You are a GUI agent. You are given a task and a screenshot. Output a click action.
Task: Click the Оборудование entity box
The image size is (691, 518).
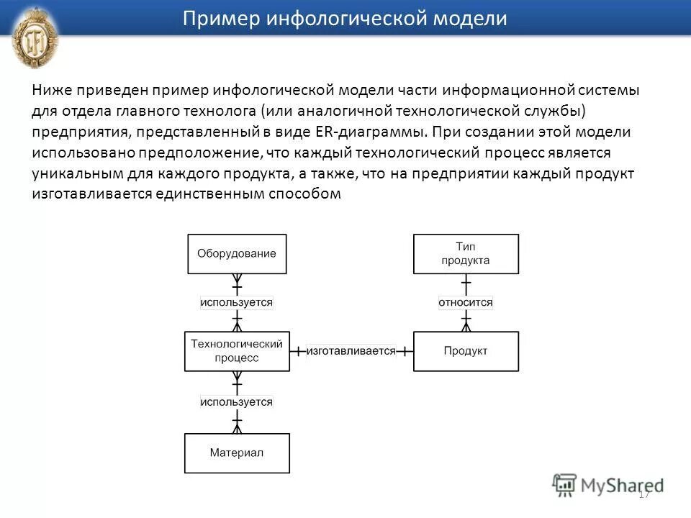(237, 254)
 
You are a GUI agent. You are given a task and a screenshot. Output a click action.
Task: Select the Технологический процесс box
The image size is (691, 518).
(237, 350)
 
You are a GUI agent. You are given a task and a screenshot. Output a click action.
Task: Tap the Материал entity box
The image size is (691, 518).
(237, 453)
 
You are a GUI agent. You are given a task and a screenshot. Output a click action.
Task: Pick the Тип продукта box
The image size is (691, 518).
(466, 254)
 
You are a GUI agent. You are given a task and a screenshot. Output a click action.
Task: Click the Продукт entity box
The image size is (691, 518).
(466, 351)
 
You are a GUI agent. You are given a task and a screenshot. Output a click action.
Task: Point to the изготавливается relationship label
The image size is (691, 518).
(351, 351)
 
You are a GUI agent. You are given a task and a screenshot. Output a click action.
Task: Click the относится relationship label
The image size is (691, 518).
(466, 302)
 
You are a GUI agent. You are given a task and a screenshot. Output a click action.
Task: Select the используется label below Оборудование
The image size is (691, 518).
(237, 302)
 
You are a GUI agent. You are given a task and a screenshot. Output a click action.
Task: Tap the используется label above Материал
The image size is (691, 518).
(237, 401)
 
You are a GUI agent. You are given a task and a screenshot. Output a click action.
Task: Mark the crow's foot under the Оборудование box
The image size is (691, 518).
(237, 280)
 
